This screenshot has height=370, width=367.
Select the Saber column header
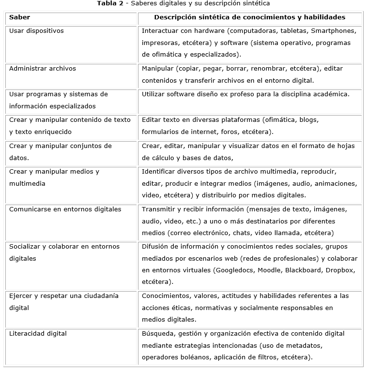[19, 17]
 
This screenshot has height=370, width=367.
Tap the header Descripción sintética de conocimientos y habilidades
[249, 17]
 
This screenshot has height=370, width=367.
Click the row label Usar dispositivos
[36, 31]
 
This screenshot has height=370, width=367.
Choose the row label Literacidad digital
[38, 334]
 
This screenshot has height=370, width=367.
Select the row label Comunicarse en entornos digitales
[65, 209]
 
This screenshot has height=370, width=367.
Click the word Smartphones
[333, 31]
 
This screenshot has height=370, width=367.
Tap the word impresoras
[159, 43]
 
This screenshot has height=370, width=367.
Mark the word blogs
[309, 120]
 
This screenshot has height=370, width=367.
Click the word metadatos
[300, 346]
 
